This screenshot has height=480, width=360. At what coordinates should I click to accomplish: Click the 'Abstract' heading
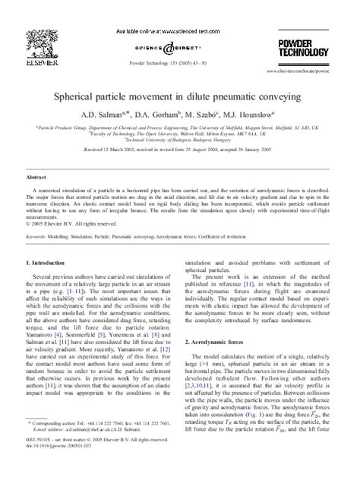coord(36,174)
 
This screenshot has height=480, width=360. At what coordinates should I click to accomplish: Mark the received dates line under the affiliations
coord(180,152)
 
